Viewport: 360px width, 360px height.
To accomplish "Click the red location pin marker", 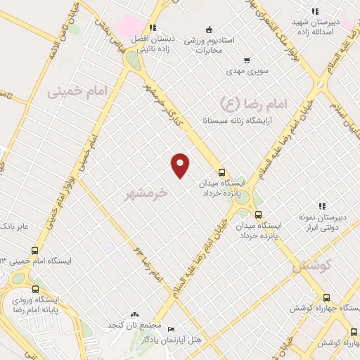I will (x=181, y=165).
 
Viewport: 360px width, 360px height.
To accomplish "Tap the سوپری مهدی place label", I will (x=244, y=71).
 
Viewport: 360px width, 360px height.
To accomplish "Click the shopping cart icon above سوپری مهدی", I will (x=247, y=60).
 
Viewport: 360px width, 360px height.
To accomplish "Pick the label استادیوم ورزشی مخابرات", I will (x=210, y=44).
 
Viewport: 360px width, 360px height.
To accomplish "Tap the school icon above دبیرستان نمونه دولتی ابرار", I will (x=322, y=206).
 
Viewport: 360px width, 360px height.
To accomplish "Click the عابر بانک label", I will (x=15, y=226).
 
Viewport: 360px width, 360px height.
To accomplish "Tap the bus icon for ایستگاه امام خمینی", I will (x=35, y=250).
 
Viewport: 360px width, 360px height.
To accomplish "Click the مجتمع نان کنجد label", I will (x=135, y=326).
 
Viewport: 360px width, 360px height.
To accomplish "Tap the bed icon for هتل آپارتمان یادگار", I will (x=172, y=329).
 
